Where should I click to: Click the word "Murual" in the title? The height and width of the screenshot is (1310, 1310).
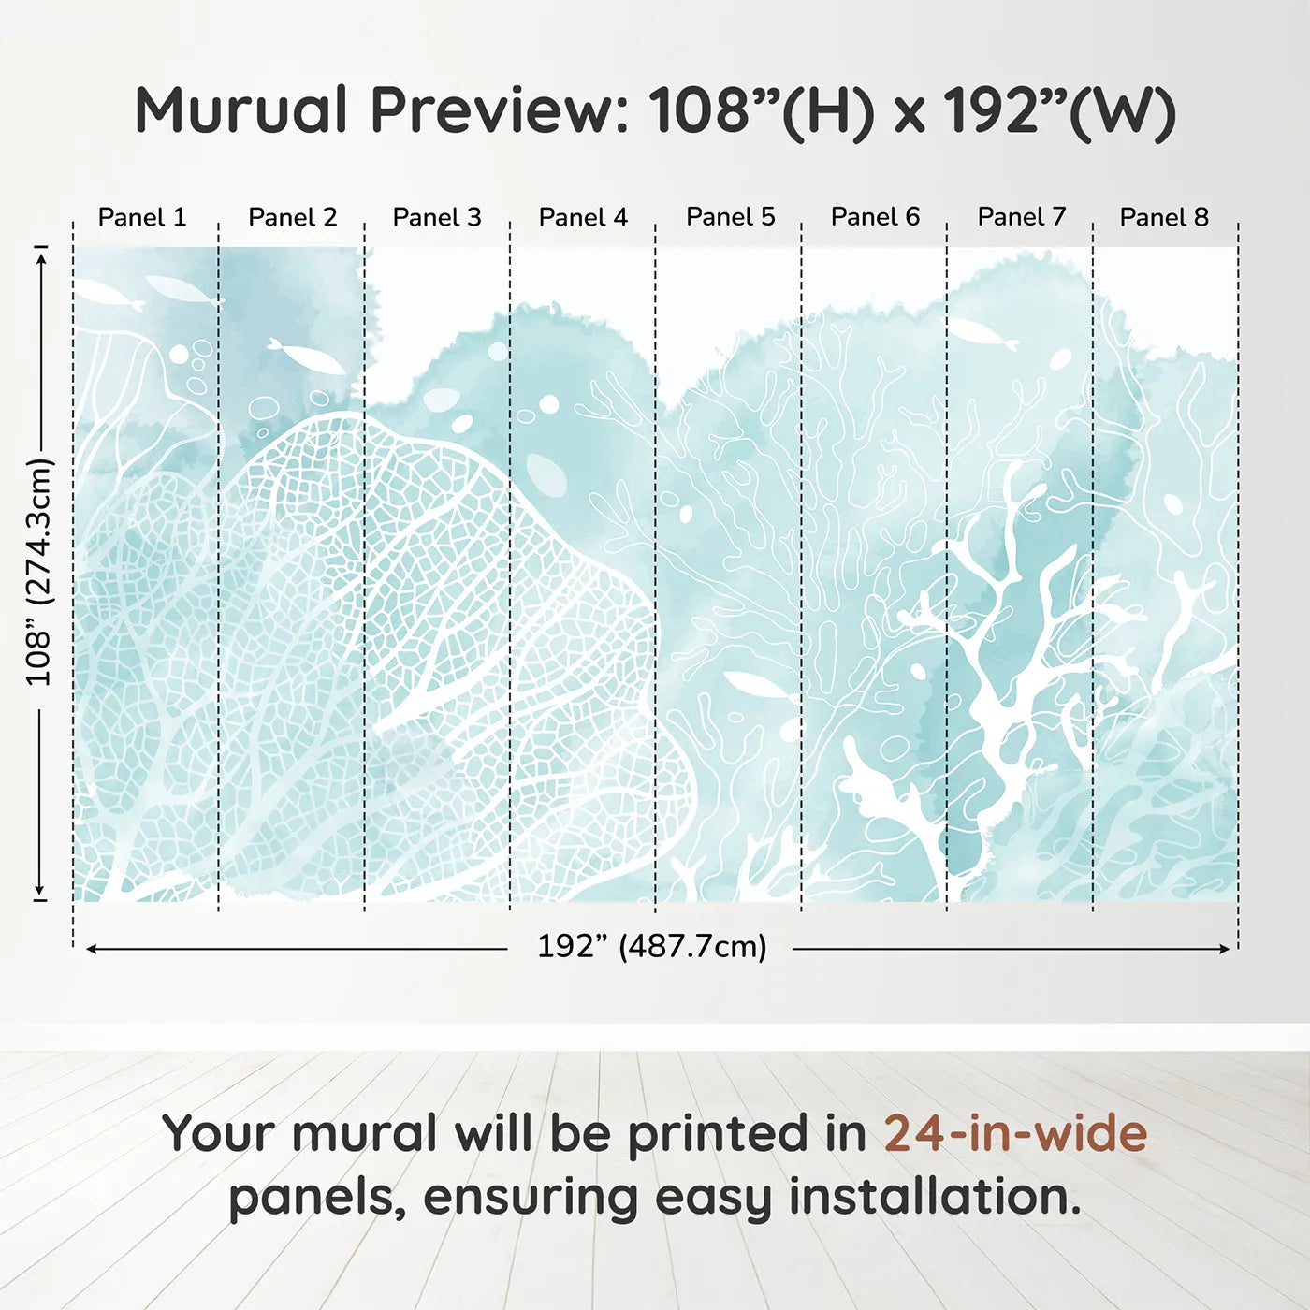[x=241, y=110]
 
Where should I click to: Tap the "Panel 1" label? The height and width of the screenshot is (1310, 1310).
[x=142, y=217]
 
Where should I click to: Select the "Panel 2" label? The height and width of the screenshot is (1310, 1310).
[x=292, y=217]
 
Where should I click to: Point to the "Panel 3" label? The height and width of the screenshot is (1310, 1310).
[x=437, y=217]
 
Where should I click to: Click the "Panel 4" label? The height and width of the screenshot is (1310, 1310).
[x=583, y=217]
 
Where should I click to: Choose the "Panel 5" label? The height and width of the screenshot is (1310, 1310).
[x=731, y=216]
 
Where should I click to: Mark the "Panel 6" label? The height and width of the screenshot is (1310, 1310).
[x=876, y=216]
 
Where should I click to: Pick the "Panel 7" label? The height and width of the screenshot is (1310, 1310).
[x=1022, y=216]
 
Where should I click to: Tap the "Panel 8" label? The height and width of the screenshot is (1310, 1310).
[x=1164, y=217]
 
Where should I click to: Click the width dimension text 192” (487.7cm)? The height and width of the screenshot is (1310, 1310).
[x=651, y=946]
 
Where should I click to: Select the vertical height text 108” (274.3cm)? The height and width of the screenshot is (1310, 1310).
[x=39, y=572]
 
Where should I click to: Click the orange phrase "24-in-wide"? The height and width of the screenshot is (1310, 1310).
[x=1015, y=1133]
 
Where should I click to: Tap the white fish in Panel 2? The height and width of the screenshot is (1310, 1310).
[x=306, y=356]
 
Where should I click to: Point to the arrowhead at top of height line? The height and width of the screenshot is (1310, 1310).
[x=40, y=255]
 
